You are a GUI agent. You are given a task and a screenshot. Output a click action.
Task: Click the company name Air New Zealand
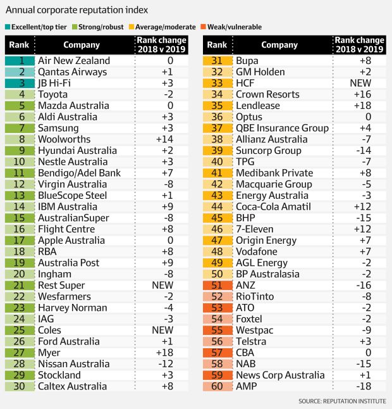tap(74, 61)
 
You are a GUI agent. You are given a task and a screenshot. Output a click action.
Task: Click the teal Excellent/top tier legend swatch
tap(8, 27)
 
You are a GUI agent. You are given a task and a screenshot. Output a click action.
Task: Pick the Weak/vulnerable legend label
tap(236, 27)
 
